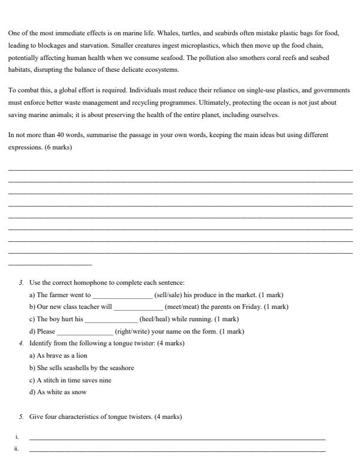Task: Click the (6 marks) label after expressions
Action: click(58, 147)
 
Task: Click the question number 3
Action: click(21, 282)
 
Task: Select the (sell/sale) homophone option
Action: click(168, 295)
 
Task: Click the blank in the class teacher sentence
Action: click(138, 307)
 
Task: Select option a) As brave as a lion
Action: click(58, 355)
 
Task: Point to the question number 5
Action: click(21, 417)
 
